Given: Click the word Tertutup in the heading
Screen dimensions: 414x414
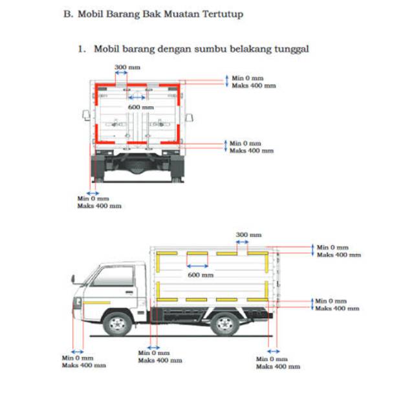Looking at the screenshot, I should (222, 13).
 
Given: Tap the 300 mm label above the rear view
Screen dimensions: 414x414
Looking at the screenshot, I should (127, 67).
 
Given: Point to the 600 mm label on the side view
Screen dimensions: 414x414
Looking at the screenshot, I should (200, 274).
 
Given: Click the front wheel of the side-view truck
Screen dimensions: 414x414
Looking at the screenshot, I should (118, 323).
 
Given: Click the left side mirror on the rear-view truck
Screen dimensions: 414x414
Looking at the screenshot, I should (85, 115).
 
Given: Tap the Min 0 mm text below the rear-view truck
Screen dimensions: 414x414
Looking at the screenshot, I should (93, 199).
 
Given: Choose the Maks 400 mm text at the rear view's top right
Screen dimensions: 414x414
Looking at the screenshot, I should (254, 85).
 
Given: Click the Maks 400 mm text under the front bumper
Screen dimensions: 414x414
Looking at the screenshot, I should (83, 365).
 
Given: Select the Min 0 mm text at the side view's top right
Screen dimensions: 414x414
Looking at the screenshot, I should (332, 247).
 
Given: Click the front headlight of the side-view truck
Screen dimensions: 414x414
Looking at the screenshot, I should (78, 301).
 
